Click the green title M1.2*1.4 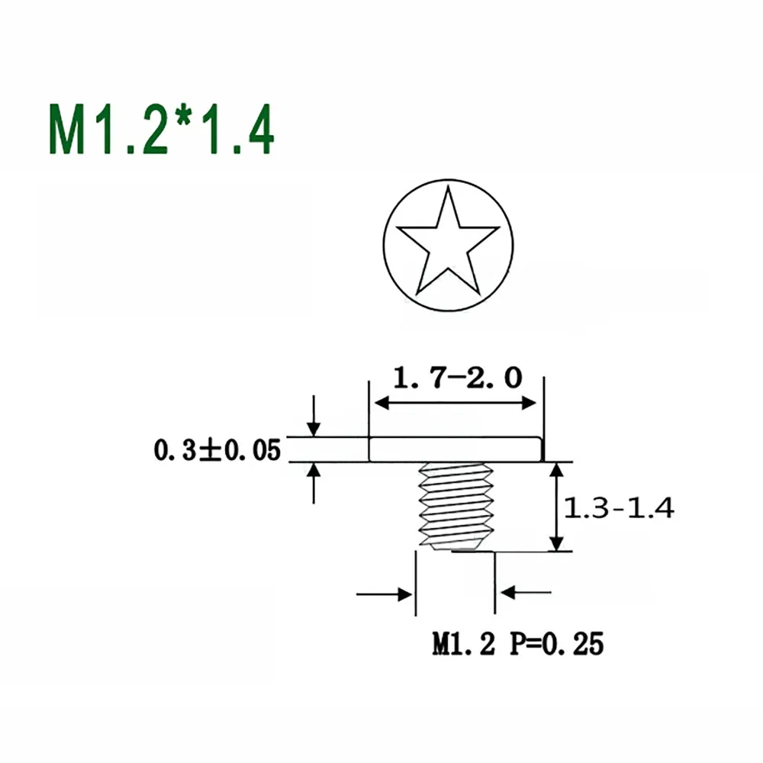162,130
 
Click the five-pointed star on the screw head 448,242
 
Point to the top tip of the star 448,186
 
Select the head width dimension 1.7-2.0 457,378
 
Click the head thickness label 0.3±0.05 217,449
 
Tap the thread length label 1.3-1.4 619,508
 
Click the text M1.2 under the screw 463,643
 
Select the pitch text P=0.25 557,643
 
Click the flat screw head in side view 455,449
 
